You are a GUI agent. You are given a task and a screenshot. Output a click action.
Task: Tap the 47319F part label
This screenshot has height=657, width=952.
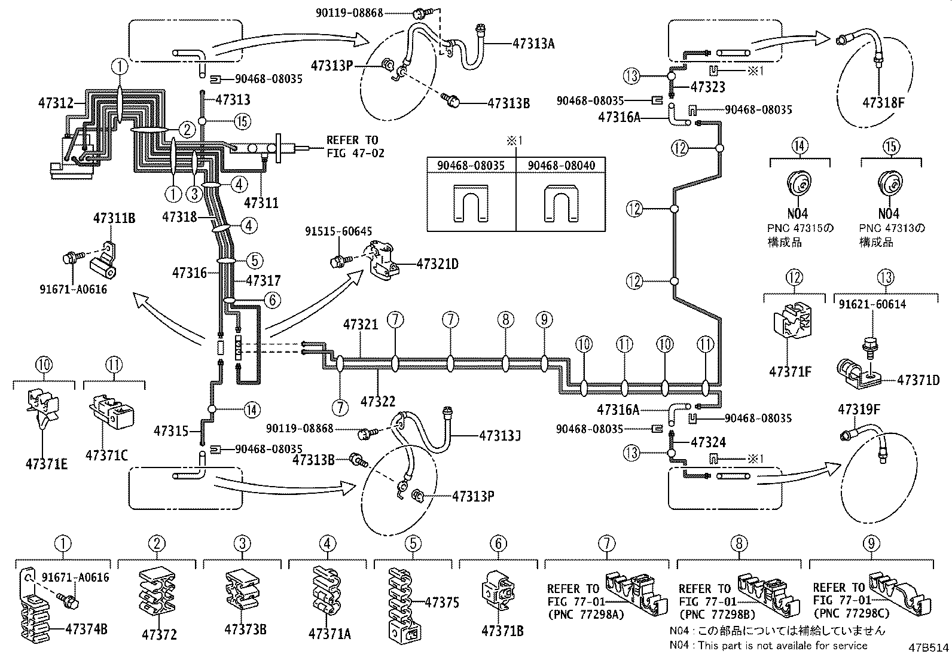[x=859, y=410]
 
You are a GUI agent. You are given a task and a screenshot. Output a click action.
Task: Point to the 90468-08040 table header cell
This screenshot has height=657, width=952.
[x=561, y=166]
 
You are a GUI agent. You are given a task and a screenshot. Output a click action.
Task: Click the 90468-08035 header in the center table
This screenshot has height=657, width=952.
[x=471, y=166]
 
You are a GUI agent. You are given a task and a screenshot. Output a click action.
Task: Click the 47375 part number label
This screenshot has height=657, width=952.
[x=442, y=603]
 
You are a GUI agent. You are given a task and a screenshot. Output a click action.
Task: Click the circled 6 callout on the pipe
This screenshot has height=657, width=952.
[x=271, y=300]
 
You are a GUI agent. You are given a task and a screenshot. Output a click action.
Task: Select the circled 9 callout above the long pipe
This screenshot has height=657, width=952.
[x=544, y=320]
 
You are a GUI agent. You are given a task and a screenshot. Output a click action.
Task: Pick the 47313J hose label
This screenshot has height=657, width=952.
[x=499, y=435]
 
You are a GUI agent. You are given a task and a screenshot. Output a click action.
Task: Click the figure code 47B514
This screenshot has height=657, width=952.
[x=925, y=648]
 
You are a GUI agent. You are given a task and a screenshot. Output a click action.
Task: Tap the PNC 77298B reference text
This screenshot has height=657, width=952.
[x=716, y=613]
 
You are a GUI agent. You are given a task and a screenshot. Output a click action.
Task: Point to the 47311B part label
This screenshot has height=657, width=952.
[x=114, y=219]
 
